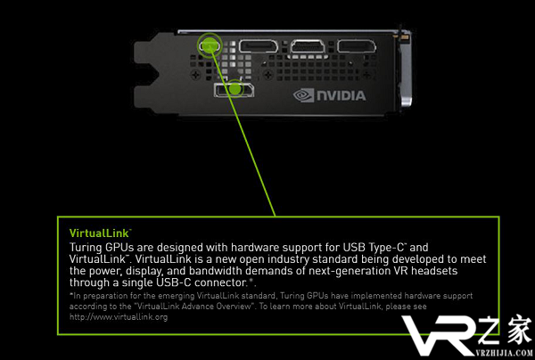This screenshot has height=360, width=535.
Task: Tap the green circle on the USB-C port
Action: click(209, 44)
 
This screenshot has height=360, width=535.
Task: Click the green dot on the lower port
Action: click(235, 89)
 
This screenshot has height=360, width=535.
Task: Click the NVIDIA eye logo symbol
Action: click(305, 94)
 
